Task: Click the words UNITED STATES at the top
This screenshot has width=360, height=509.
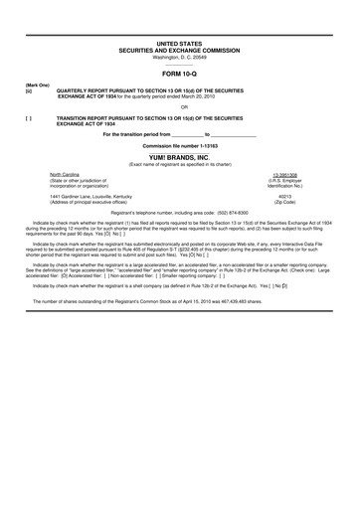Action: (179, 45)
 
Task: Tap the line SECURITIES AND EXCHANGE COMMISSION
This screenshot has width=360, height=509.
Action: (179, 51)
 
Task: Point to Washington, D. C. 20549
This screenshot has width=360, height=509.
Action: (179, 57)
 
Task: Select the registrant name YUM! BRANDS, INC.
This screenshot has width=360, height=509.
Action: (179, 157)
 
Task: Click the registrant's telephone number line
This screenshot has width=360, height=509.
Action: (179, 214)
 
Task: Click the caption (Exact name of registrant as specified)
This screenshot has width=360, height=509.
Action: (179, 164)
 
